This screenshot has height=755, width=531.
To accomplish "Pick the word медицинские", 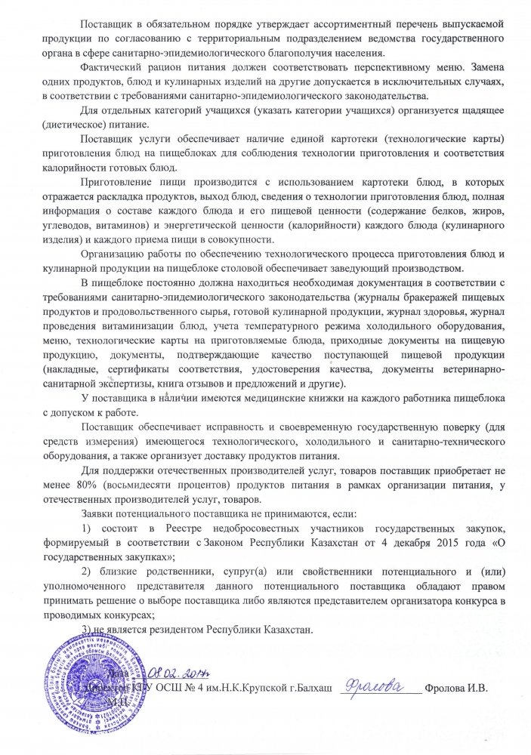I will tap(275, 399).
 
